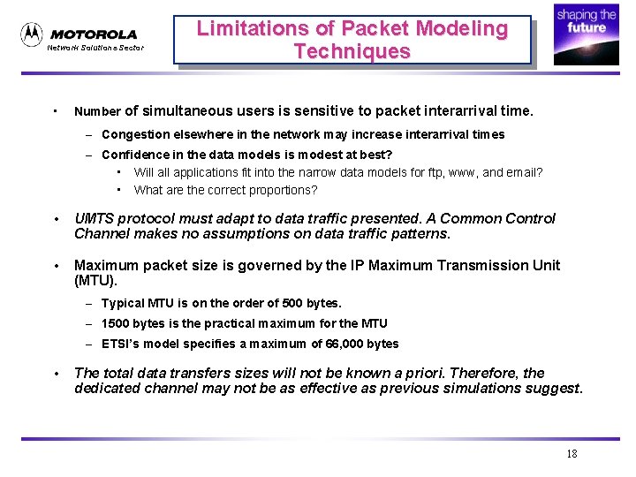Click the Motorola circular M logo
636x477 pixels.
coord(32,34)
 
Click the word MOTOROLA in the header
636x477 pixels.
coord(94,34)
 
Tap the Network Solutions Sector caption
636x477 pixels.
coord(95,48)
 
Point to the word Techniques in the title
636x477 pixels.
coord(352,51)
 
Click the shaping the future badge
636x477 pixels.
coord(586,34)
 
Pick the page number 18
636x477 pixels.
coord(572,454)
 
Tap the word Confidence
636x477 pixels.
coord(137,155)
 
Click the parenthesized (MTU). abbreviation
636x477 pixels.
coord(94,280)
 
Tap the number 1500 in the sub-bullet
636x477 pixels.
coord(117,323)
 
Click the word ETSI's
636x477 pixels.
coord(120,344)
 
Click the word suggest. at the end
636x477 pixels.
coord(556,388)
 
